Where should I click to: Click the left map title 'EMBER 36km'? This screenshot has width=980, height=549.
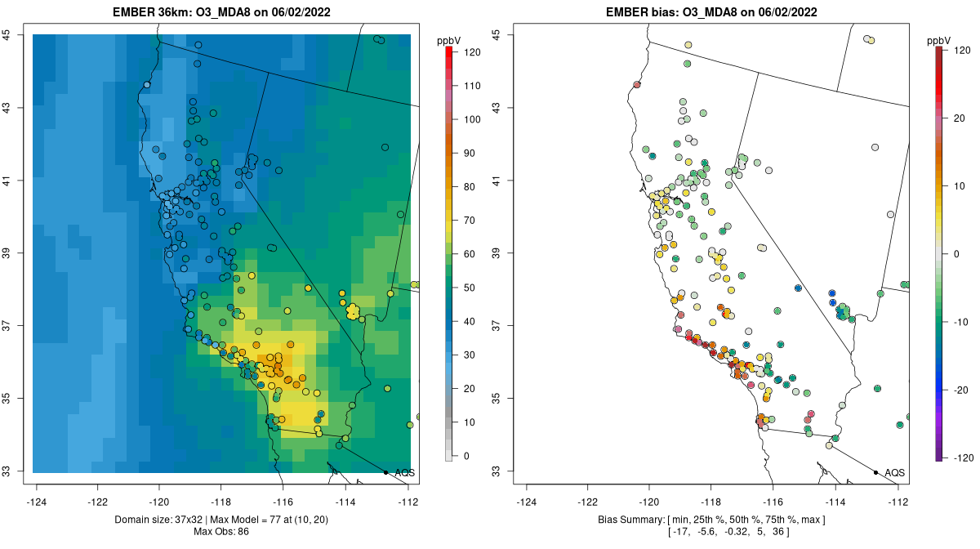pos(154,13)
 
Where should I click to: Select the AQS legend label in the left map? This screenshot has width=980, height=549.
pos(404,473)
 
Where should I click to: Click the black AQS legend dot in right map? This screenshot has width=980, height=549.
pos(875,472)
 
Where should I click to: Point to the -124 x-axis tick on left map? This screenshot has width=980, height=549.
pos(36,502)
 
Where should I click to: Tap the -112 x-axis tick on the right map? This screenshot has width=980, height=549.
pos(898,502)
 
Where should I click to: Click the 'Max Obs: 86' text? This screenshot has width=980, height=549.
pos(222,532)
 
